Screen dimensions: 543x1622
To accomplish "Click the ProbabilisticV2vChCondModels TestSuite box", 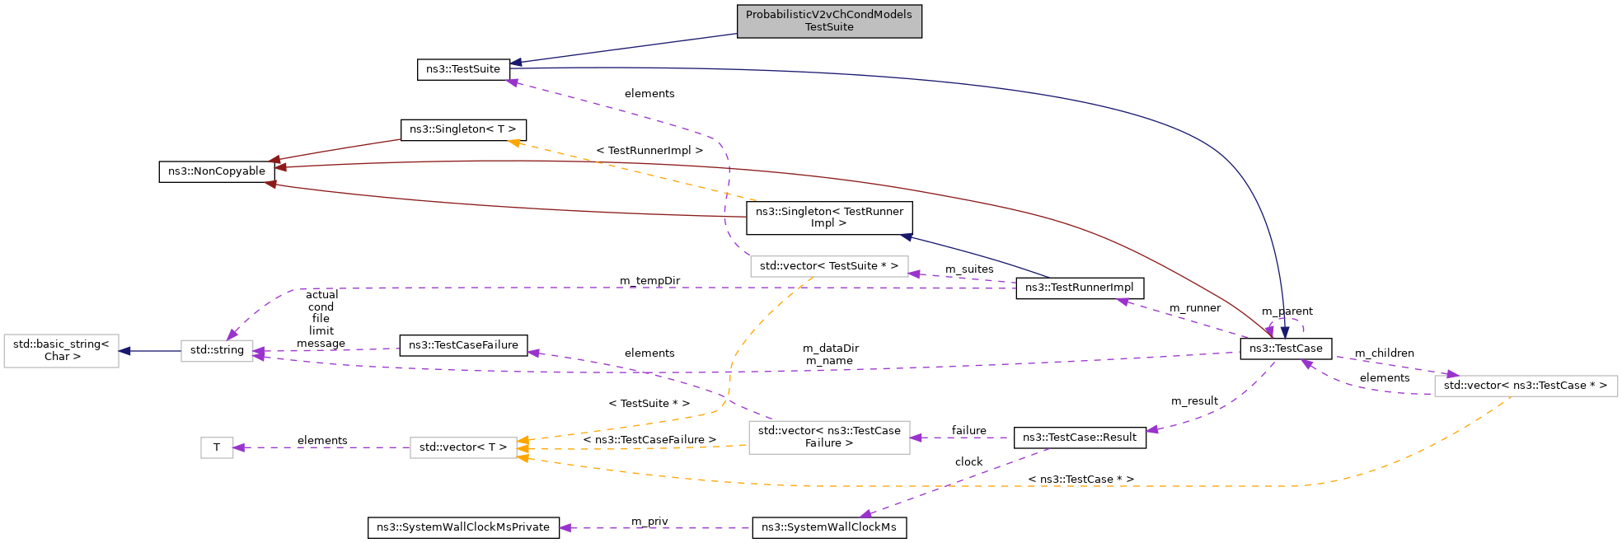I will click(829, 21).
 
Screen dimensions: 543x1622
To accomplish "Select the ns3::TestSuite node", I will click(463, 69).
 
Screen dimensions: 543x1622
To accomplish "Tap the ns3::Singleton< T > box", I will click(463, 129).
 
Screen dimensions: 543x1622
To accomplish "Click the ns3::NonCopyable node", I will click(217, 171).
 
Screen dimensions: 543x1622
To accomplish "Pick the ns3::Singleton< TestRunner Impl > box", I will click(829, 218).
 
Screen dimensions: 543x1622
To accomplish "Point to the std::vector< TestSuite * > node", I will click(829, 266).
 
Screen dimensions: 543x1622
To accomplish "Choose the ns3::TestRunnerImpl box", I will click(1080, 288).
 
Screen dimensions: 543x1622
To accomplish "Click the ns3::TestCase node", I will click(1286, 349).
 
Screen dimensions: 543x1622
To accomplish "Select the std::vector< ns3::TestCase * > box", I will click(1526, 386).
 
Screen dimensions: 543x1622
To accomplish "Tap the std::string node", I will click(217, 350).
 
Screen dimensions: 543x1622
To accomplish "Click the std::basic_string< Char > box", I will click(62, 350).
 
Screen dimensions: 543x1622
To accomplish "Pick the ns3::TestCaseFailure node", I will click(463, 345).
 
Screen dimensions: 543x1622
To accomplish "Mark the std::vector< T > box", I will click(463, 447).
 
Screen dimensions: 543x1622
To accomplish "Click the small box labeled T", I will click(217, 447).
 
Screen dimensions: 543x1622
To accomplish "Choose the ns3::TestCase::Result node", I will click(1080, 438).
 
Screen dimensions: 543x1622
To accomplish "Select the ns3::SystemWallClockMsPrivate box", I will click(463, 527).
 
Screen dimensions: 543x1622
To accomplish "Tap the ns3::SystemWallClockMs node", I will click(829, 527).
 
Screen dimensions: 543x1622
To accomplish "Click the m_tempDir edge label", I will click(650, 281).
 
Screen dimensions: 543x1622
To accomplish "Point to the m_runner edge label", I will click(1195, 308).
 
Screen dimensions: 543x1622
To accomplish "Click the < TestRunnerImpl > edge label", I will click(649, 151).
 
